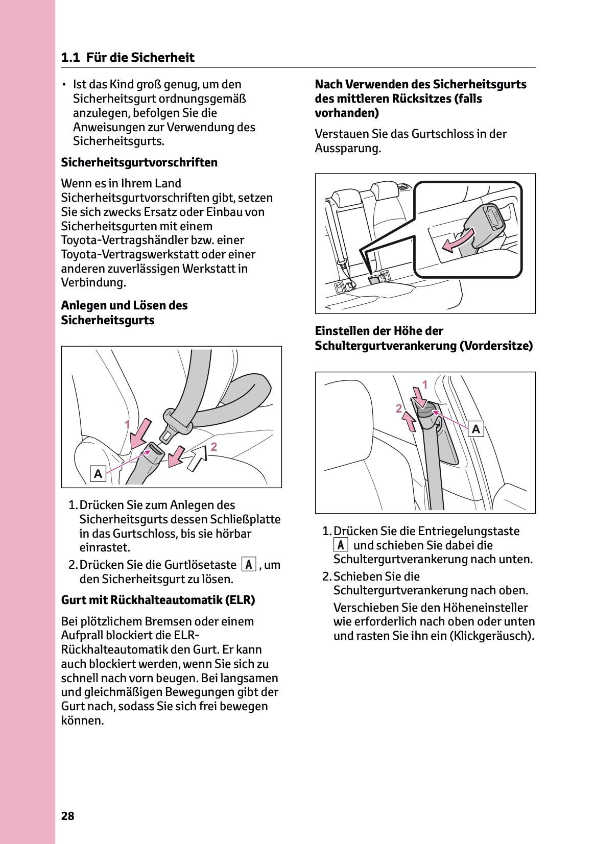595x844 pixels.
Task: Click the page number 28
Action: pyautogui.click(x=67, y=816)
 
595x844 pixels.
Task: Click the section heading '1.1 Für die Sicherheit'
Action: pyautogui.click(x=128, y=58)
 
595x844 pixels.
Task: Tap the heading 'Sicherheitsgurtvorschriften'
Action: pyautogui.click(x=139, y=162)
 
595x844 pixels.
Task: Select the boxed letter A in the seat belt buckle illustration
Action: pyautogui.click(x=98, y=474)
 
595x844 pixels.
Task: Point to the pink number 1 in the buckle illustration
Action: pyautogui.click(x=127, y=425)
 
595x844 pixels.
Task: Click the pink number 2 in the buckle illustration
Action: pyautogui.click(x=214, y=447)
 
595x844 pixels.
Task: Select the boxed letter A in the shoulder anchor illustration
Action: pyautogui.click(x=476, y=429)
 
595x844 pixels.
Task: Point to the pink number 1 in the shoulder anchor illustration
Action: pyautogui.click(x=424, y=384)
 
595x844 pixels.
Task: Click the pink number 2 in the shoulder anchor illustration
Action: pyautogui.click(x=398, y=408)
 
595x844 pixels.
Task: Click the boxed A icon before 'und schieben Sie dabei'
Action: pyautogui.click(x=341, y=545)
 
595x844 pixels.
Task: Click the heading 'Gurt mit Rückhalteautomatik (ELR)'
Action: pyautogui.click(x=158, y=600)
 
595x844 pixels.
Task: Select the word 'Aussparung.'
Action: pyautogui.click(x=348, y=149)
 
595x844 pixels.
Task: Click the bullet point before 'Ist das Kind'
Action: pyautogui.click(x=64, y=85)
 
